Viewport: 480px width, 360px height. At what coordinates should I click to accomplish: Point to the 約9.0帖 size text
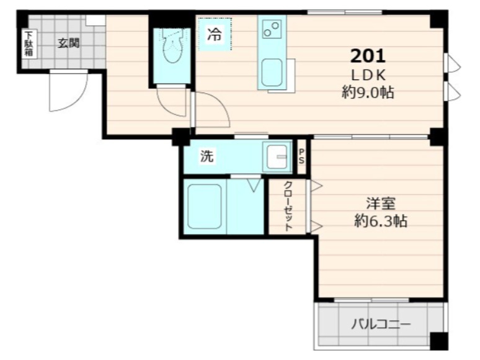coord(368,93)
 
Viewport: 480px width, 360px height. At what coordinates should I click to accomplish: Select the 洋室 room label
coord(380,203)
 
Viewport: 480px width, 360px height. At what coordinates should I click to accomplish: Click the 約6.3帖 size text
coord(380,220)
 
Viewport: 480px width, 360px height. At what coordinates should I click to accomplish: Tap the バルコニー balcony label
coord(380,324)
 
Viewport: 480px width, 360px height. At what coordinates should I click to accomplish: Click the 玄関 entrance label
coord(69,43)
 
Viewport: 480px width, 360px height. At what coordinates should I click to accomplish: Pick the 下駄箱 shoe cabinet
coord(29,44)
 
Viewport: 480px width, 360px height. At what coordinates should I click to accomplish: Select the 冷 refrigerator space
coord(214,35)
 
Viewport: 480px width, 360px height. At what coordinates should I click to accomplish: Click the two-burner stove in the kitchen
coord(272,29)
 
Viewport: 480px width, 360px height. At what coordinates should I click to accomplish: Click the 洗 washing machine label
coord(207,156)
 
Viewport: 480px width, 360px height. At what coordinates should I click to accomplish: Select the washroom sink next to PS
coord(275,157)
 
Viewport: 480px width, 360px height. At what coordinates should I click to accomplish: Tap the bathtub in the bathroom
coord(204,207)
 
